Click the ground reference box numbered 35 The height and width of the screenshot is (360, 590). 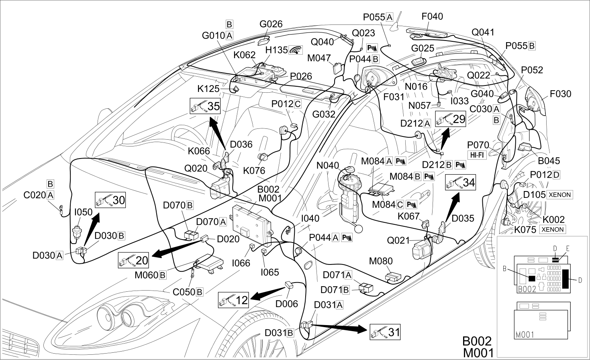(x=205, y=106)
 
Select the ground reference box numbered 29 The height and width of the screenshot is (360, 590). (x=450, y=119)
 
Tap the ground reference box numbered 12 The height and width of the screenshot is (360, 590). (x=233, y=300)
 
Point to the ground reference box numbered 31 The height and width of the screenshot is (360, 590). (x=385, y=332)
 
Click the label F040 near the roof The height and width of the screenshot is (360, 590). (x=432, y=16)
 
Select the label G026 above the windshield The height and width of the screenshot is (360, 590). (x=271, y=24)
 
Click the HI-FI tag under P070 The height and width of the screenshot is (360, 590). (x=477, y=155)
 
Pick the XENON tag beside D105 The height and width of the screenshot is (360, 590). (x=560, y=195)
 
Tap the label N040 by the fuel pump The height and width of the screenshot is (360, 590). (x=328, y=165)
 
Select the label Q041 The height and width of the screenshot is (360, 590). (x=483, y=32)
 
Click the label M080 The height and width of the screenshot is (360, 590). (x=381, y=261)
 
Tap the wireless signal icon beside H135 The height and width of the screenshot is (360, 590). (x=296, y=50)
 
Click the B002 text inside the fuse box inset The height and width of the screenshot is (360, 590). (x=527, y=289)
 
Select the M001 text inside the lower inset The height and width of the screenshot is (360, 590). (x=525, y=335)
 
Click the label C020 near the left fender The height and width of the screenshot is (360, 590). (x=35, y=195)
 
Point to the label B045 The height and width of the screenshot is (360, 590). (x=549, y=161)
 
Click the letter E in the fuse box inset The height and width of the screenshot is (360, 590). (x=568, y=248)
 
